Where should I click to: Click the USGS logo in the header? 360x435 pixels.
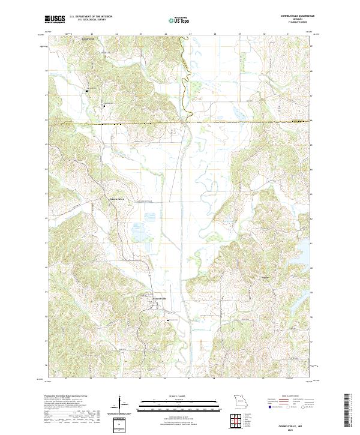coord(55,19)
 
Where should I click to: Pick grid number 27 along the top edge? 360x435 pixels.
coord(190,35)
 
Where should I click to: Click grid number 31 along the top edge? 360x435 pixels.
coord(289,35)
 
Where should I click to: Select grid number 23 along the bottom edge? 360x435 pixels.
coord(91,379)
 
